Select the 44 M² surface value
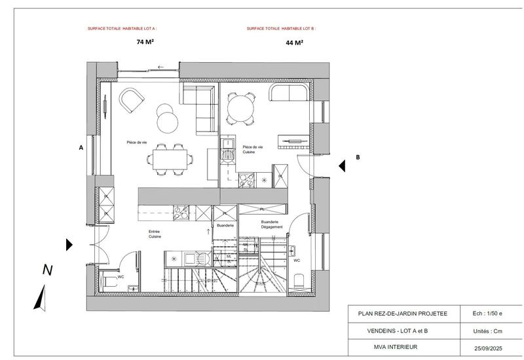coord(294,43)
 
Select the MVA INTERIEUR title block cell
coord(403,346)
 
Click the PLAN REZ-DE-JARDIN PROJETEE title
coord(403,313)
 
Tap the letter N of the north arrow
coord(47,269)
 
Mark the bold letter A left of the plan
coord(81,148)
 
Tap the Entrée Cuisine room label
coord(155,234)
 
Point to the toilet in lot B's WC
coord(299,281)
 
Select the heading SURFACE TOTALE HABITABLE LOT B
coord(281,29)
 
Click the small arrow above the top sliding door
coord(160,65)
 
